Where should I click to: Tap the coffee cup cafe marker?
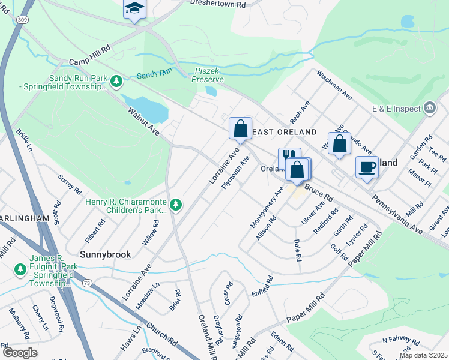coord(367,167)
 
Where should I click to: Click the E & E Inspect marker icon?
coord(430,108)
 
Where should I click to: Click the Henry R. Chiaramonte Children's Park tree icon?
coord(175,205)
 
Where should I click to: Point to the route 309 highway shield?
coord(23,20)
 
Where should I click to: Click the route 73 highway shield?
coord(87,282)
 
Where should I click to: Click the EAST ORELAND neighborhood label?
coord(285,131)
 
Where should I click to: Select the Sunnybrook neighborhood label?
coord(105,254)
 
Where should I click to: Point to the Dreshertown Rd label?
coord(218,4)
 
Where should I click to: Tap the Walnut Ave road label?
coord(143,121)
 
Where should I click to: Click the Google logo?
coord(20,353)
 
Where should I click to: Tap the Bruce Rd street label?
coord(318,193)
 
